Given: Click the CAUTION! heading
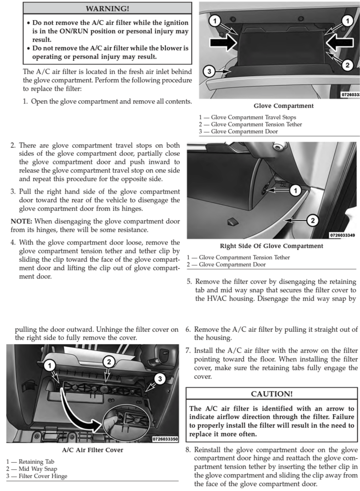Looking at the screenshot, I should click(272, 394).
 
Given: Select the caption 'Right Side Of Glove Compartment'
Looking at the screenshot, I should click(271, 246).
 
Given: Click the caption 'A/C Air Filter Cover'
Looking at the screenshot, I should click(93, 450).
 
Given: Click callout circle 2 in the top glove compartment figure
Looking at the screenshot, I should click(348, 65).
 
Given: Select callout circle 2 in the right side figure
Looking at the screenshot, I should click(313, 220).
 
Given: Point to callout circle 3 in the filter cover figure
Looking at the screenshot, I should click(162, 379).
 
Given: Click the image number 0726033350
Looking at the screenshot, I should click(165, 439).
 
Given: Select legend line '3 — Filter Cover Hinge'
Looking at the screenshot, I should click(36, 476).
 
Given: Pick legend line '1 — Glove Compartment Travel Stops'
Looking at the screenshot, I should click(247, 117).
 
